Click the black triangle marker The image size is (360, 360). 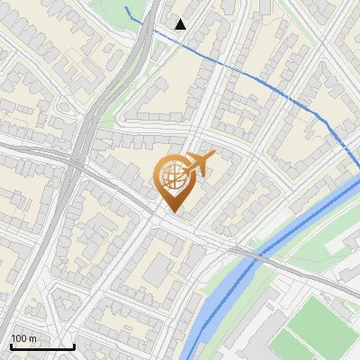181,24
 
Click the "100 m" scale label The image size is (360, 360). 24,338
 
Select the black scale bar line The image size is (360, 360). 42,347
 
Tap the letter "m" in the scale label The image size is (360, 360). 34,338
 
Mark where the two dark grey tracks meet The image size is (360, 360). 76,162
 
